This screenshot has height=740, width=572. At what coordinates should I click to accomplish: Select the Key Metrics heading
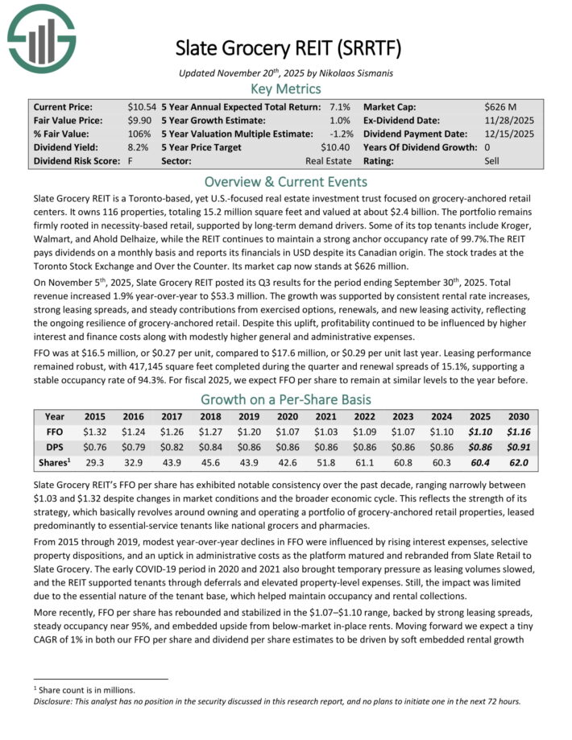coord(286,89)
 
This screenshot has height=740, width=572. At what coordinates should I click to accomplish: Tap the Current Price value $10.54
coord(142,106)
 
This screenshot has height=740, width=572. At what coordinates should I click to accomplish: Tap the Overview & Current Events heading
coord(286,181)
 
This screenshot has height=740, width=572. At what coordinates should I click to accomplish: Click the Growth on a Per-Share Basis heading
coord(286,399)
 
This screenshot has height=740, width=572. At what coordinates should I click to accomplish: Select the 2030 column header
coord(520,417)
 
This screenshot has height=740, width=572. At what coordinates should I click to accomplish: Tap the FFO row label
coord(55,432)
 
